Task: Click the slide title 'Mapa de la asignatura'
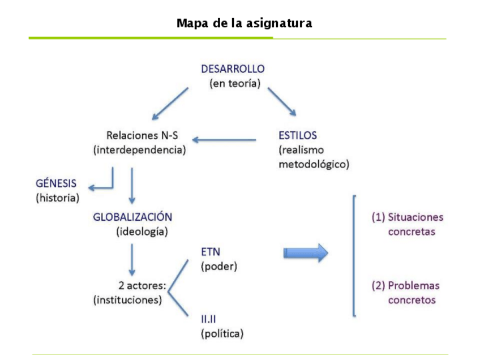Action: (x=244, y=23)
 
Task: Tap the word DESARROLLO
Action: (x=233, y=69)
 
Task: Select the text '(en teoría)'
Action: (x=234, y=84)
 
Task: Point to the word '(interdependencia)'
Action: (x=140, y=150)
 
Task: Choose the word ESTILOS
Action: (x=298, y=136)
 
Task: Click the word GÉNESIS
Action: (x=55, y=184)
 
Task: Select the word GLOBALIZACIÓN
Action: (x=132, y=217)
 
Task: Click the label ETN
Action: (x=211, y=252)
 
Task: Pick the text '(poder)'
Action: (x=218, y=266)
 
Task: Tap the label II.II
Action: (x=211, y=319)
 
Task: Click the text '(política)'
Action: (x=222, y=333)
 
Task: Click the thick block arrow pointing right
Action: (x=306, y=252)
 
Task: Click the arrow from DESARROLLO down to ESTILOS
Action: (x=282, y=101)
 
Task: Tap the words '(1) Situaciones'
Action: (x=407, y=217)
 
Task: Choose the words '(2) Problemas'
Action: (x=405, y=285)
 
